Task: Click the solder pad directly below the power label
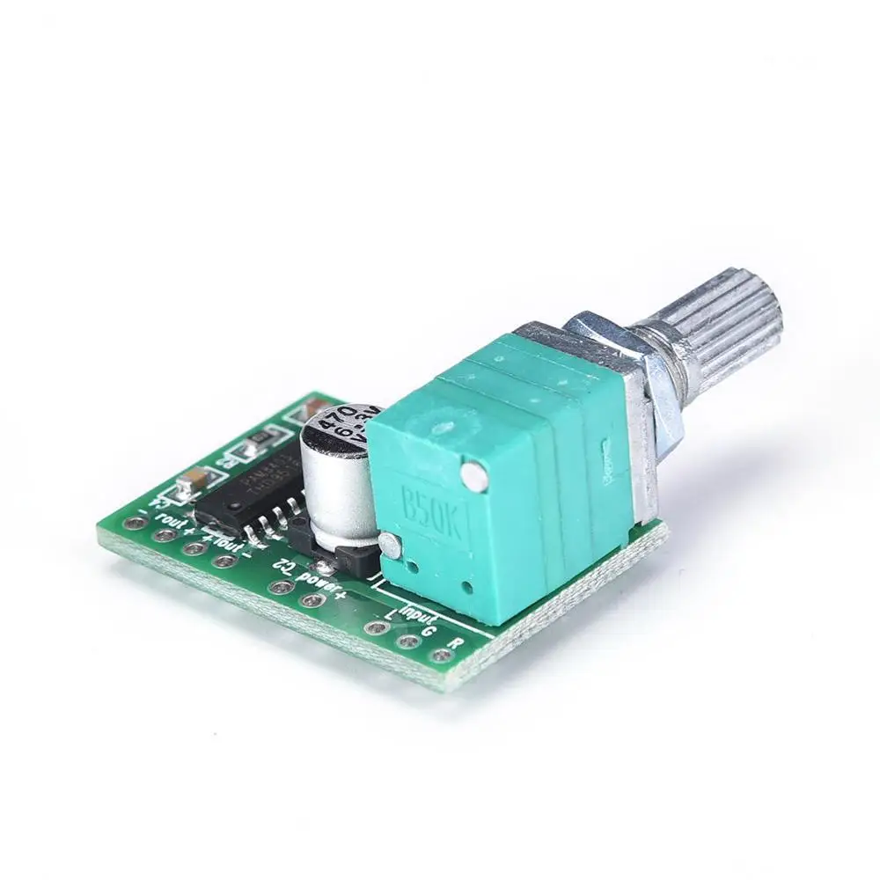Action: tap(309, 601)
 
